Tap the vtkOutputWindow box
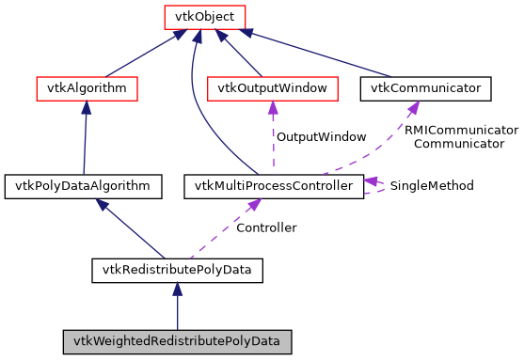point(272,88)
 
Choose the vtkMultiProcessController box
point(273,186)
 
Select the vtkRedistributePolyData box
point(176,271)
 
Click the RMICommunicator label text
point(461,130)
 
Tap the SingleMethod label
point(432,186)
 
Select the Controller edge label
point(266,227)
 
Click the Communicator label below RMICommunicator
point(459,144)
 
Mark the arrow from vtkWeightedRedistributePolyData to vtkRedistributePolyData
point(177,305)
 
